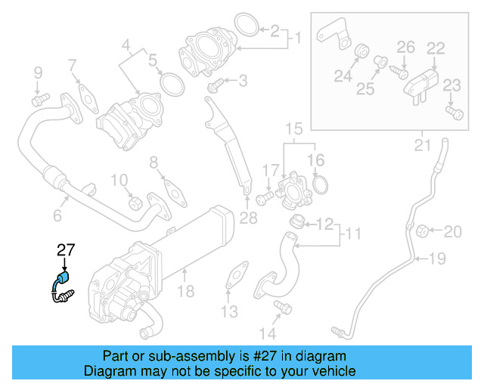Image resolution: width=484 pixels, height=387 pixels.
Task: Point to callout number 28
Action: (247, 218)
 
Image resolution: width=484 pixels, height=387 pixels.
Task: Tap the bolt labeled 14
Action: (284, 308)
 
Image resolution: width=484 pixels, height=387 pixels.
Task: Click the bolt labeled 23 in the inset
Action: (454, 112)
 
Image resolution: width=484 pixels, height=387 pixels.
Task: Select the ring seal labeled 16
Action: (321, 184)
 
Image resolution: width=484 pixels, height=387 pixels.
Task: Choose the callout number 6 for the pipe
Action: (57, 216)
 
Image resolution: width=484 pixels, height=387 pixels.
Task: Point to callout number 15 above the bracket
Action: (293, 128)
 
